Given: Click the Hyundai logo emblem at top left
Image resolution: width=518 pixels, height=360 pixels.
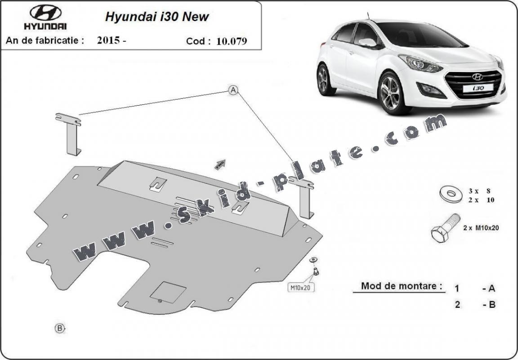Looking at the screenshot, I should coord(46,13).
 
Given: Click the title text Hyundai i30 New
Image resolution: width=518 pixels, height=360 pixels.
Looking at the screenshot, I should coord(157,17).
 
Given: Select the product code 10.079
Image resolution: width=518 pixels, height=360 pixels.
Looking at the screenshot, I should coord(232,41).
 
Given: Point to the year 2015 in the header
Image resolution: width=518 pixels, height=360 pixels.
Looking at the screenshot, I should coord(108,40).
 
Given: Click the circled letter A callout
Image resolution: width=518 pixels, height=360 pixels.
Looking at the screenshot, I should coord(233,90).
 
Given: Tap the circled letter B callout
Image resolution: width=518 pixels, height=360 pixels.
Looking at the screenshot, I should coord(60,328).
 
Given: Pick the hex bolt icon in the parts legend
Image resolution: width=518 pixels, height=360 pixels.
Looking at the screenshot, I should coord(445,228).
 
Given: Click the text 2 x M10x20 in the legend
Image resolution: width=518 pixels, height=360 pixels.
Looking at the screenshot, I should coord(481,228).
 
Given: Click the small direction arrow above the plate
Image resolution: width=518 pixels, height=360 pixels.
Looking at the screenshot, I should coord(220,164).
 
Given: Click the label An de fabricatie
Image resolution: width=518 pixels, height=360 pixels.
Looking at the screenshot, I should coord(45,40).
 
